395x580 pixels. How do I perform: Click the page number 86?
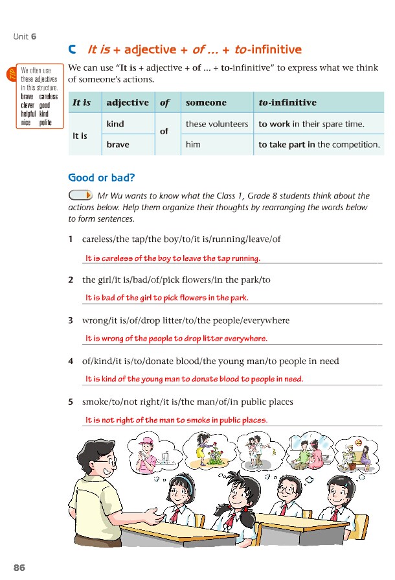(x=19, y=567)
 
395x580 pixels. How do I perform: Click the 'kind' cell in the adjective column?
(x=115, y=123)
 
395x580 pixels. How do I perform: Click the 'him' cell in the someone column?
(x=193, y=145)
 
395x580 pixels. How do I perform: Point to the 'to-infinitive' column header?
(x=288, y=103)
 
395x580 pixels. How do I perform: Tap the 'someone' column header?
(x=206, y=103)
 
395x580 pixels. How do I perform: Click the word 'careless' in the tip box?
(x=48, y=97)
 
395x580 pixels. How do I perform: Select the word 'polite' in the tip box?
(x=45, y=122)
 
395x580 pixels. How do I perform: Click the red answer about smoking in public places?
(x=176, y=420)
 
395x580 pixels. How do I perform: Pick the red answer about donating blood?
(x=194, y=379)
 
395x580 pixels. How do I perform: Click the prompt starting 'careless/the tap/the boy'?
(x=181, y=239)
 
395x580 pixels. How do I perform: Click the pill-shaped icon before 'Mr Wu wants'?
(x=80, y=195)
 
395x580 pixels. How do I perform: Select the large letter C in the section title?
(x=73, y=49)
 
